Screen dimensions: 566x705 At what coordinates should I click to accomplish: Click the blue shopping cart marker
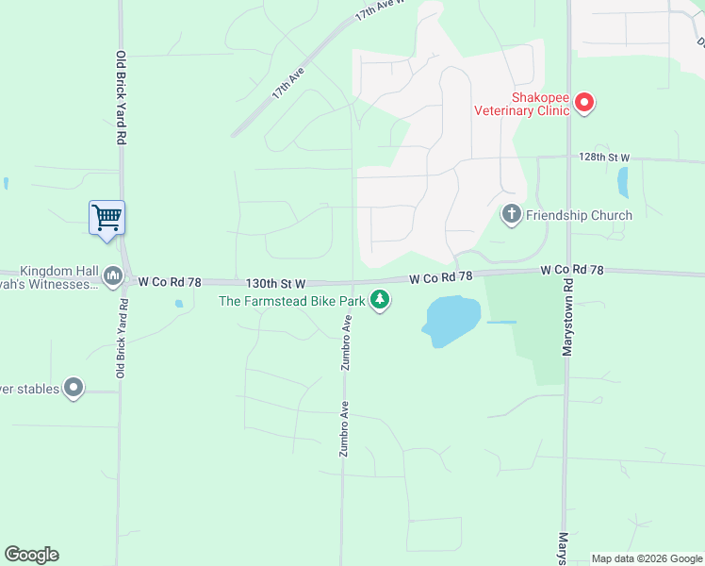click(107, 217)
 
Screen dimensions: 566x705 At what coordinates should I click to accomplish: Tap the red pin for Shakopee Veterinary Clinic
click(584, 102)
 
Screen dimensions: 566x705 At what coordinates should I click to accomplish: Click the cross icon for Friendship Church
click(512, 215)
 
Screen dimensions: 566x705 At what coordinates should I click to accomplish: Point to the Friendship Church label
click(579, 215)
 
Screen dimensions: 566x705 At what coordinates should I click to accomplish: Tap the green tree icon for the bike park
click(380, 301)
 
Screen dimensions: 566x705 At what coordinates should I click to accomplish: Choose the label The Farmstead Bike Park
click(292, 301)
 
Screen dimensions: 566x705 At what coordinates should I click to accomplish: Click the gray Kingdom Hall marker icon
click(113, 275)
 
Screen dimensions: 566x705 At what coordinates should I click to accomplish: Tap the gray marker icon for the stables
click(74, 388)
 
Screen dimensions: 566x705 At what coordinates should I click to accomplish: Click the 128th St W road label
click(603, 157)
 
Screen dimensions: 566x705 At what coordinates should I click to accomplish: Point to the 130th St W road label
click(276, 282)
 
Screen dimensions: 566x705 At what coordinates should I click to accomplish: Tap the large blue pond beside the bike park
click(452, 319)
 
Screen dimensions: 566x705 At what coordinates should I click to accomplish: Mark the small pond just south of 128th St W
click(622, 181)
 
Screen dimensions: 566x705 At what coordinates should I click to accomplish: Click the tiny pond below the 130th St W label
click(178, 304)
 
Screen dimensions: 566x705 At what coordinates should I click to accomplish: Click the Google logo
click(31, 555)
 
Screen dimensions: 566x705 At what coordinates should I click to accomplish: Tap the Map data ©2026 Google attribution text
click(647, 558)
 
